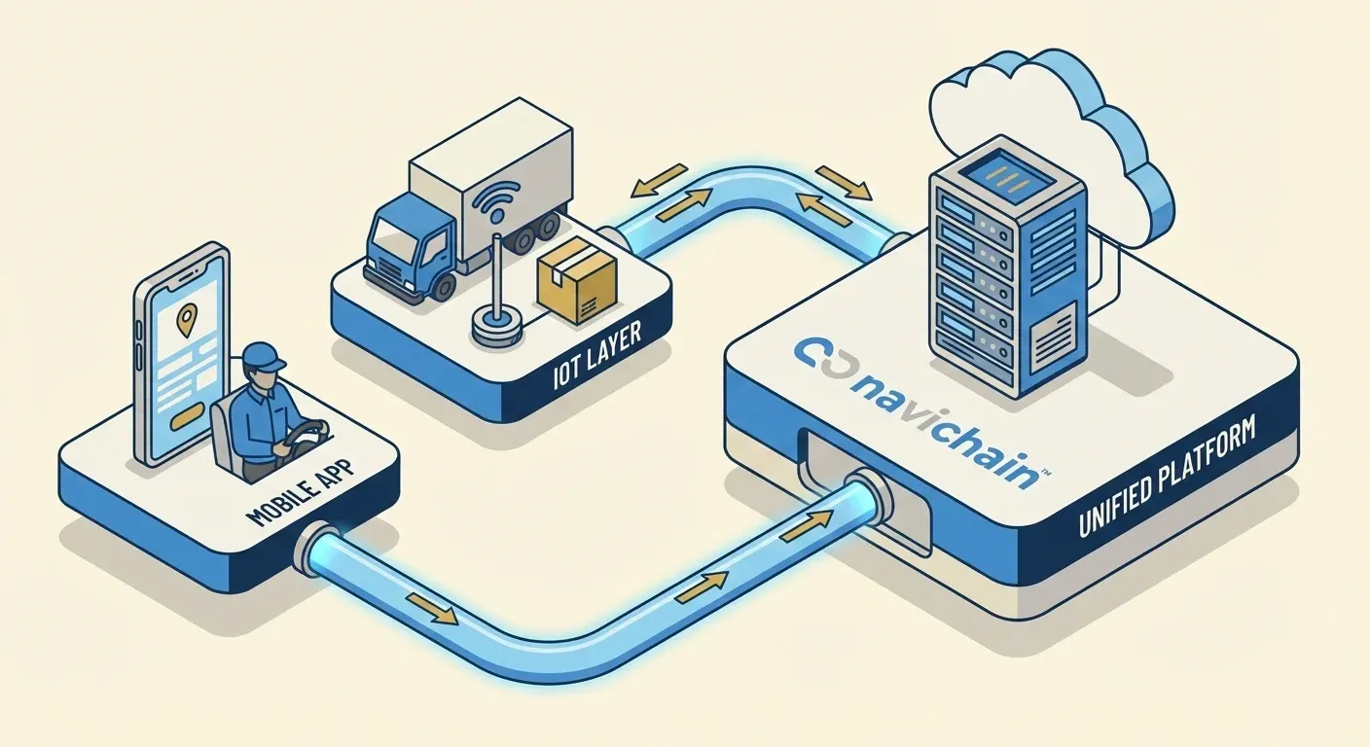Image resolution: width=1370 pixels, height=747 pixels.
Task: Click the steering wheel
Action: (x=305, y=434)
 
